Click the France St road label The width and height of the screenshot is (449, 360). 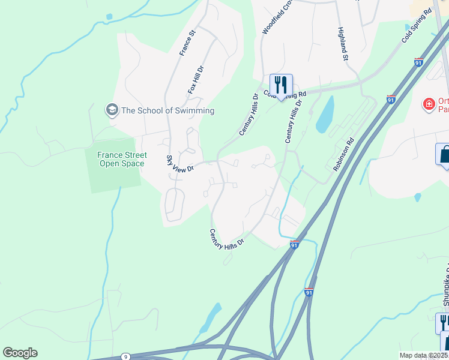pyautogui.click(x=188, y=43)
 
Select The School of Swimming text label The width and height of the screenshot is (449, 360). pyautogui.click(x=167, y=110)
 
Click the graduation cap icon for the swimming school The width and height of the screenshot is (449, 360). pyautogui.click(x=111, y=110)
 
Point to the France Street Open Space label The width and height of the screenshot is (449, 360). pyautogui.click(x=122, y=159)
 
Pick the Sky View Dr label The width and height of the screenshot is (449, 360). pyautogui.click(x=179, y=163)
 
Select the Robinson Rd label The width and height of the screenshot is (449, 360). pyautogui.click(x=344, y=156)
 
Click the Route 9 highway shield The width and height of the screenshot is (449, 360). pyautogui.click(x=125, y=356)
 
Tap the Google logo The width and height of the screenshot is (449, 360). pyautogui.click(x=20, y=353)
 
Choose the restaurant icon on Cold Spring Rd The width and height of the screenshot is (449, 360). pyautogui.click(x=280, y=85)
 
